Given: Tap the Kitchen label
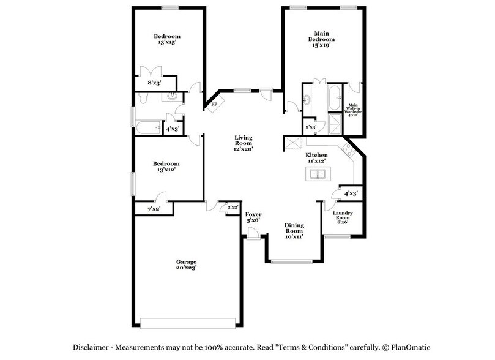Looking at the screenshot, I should (317, 156).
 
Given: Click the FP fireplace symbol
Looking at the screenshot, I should (214, 105).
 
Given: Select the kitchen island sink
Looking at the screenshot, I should (317, 174).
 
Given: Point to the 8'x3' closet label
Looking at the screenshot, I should (154, 83).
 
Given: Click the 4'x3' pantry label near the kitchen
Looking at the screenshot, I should (351, 193).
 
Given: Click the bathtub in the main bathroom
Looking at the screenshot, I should (333, 98).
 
